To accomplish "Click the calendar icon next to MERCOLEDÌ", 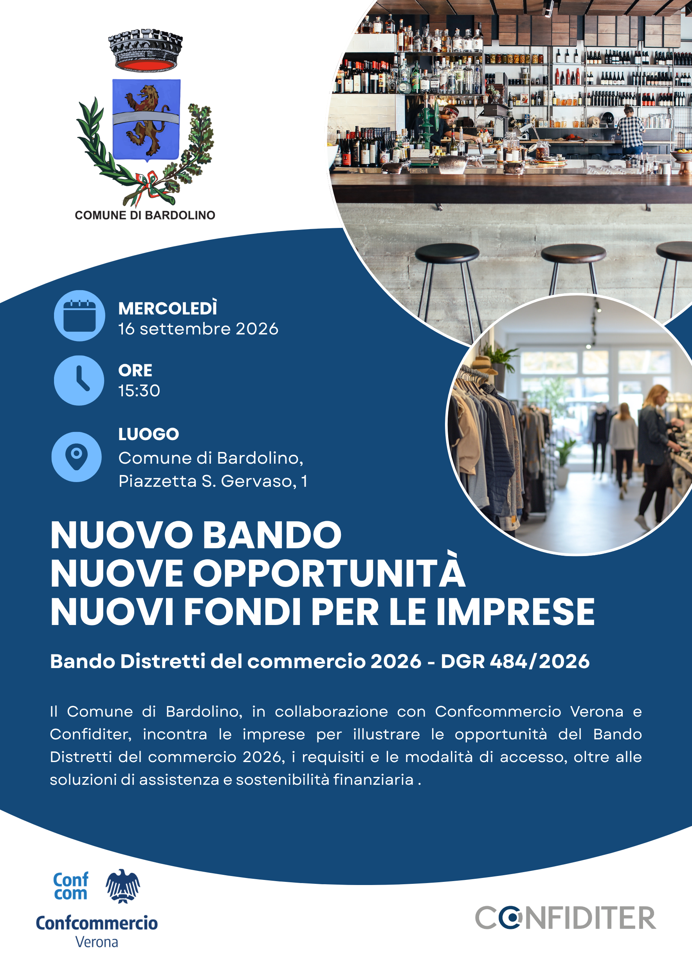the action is (x=79, y=316).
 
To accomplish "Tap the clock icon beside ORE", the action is (x=79, y=380).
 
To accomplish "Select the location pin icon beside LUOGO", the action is (x=77, y=457).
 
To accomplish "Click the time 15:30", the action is (x=139, y=390).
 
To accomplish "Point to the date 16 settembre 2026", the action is (x=198, y=329).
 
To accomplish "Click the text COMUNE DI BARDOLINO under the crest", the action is (x=145, y=215).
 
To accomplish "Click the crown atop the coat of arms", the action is (x=146, y=49).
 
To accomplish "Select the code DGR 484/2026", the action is (x=515, y=661).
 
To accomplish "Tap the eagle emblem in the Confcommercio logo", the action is (x=123, y=887).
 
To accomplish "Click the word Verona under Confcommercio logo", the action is (x=97, y=942).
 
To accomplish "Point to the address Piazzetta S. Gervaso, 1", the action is (x=213, y=481).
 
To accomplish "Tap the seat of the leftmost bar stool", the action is (x=447, y=253).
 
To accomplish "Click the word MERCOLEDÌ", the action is (x=168, y=308).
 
